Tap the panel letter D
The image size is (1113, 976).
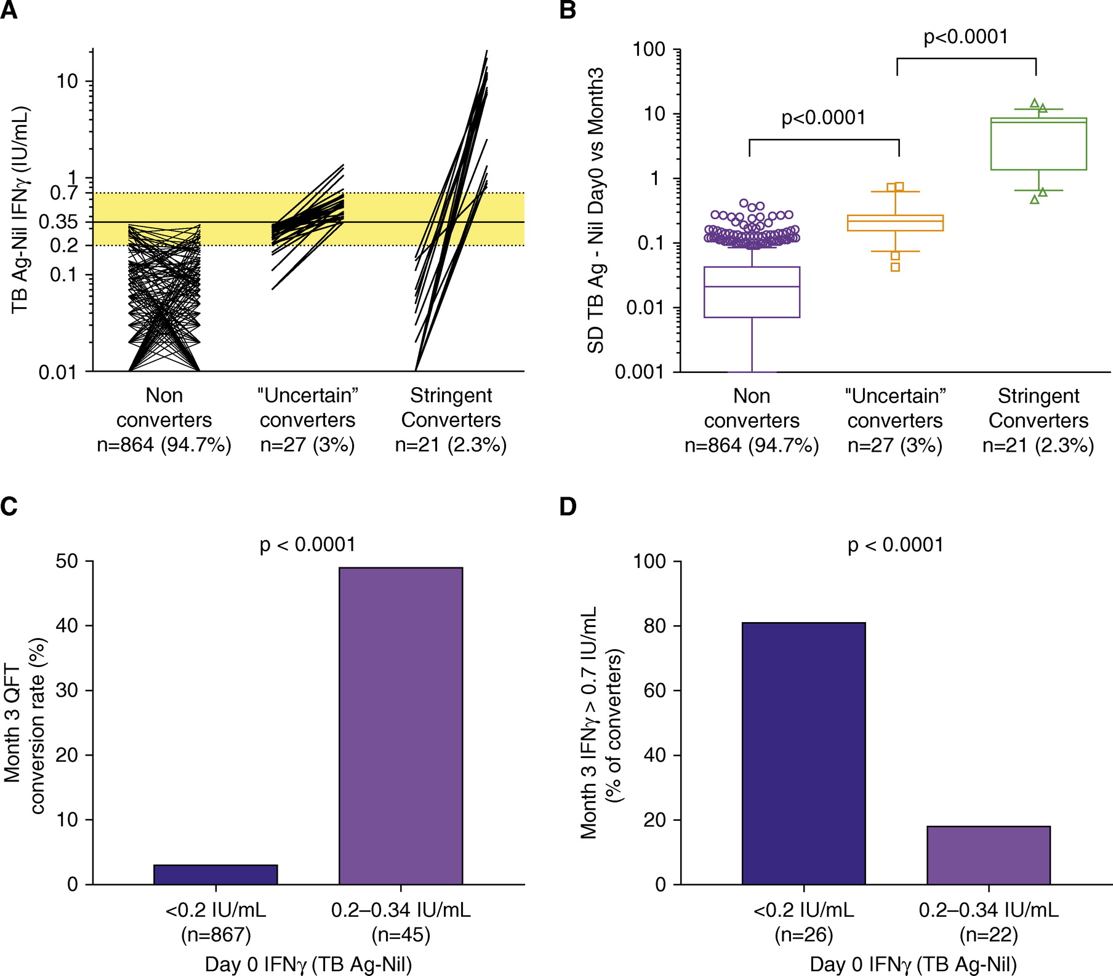tap(568, 506)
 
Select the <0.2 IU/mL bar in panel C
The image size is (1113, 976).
tap(215, 874)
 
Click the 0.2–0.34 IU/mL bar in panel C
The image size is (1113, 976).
tap(401, 726)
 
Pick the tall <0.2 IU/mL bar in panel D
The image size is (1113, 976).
tap(803, 753)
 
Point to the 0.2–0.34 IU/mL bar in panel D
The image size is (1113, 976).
tap(988, 855)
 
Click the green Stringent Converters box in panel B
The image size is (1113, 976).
tap(1039, 144)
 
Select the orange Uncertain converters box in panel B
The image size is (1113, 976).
tap(895, 223)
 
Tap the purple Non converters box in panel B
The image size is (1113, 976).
tap(752, 292)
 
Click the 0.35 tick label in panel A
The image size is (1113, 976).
tap(58, 222)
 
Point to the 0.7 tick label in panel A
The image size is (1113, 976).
tap(63, 193)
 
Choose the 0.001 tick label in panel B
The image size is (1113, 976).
tap(640, 372)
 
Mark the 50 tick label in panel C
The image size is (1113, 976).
tap(66, 561)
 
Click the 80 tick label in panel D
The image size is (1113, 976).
tap(654, 626)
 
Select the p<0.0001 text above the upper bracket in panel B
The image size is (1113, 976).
tap(965, 37)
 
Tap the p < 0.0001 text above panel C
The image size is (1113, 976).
tap(308, 545)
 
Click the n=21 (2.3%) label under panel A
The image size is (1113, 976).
tap(451, 445)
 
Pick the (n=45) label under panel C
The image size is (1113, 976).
tap(401, 935)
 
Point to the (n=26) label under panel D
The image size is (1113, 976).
tap(803, 935)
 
